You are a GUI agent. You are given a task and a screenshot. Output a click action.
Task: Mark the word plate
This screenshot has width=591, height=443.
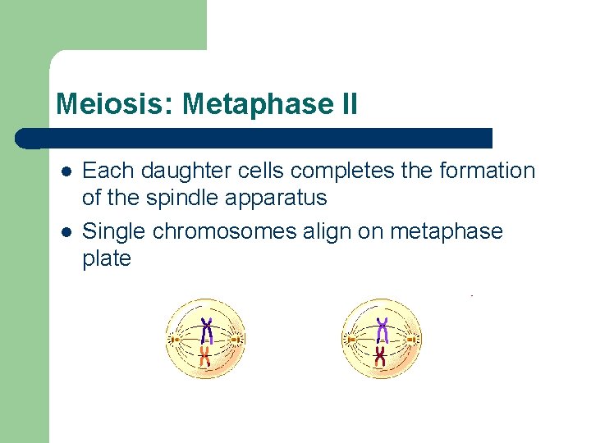(x=107, y=259)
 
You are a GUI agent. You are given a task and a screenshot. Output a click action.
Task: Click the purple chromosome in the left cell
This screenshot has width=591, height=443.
(x=207, y=329)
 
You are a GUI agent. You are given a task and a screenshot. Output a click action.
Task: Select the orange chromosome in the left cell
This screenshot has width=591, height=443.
(x=206, y=354)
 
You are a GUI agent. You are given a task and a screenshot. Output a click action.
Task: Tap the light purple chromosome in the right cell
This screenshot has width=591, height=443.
(x=382, y=330)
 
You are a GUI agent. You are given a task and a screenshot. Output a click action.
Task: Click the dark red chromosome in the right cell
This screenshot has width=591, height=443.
(x=381, y=354)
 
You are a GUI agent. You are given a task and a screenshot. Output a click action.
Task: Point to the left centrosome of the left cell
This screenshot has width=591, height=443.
(x=174, y=338)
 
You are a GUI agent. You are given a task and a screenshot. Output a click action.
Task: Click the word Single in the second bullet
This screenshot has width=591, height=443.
(x=114, y=232)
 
